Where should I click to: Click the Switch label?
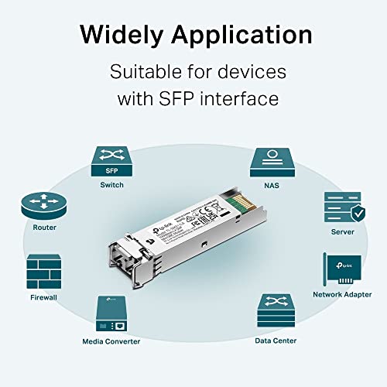coord(112,185)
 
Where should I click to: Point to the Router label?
coord(44,228)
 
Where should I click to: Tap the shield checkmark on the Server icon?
coord(355,214)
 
